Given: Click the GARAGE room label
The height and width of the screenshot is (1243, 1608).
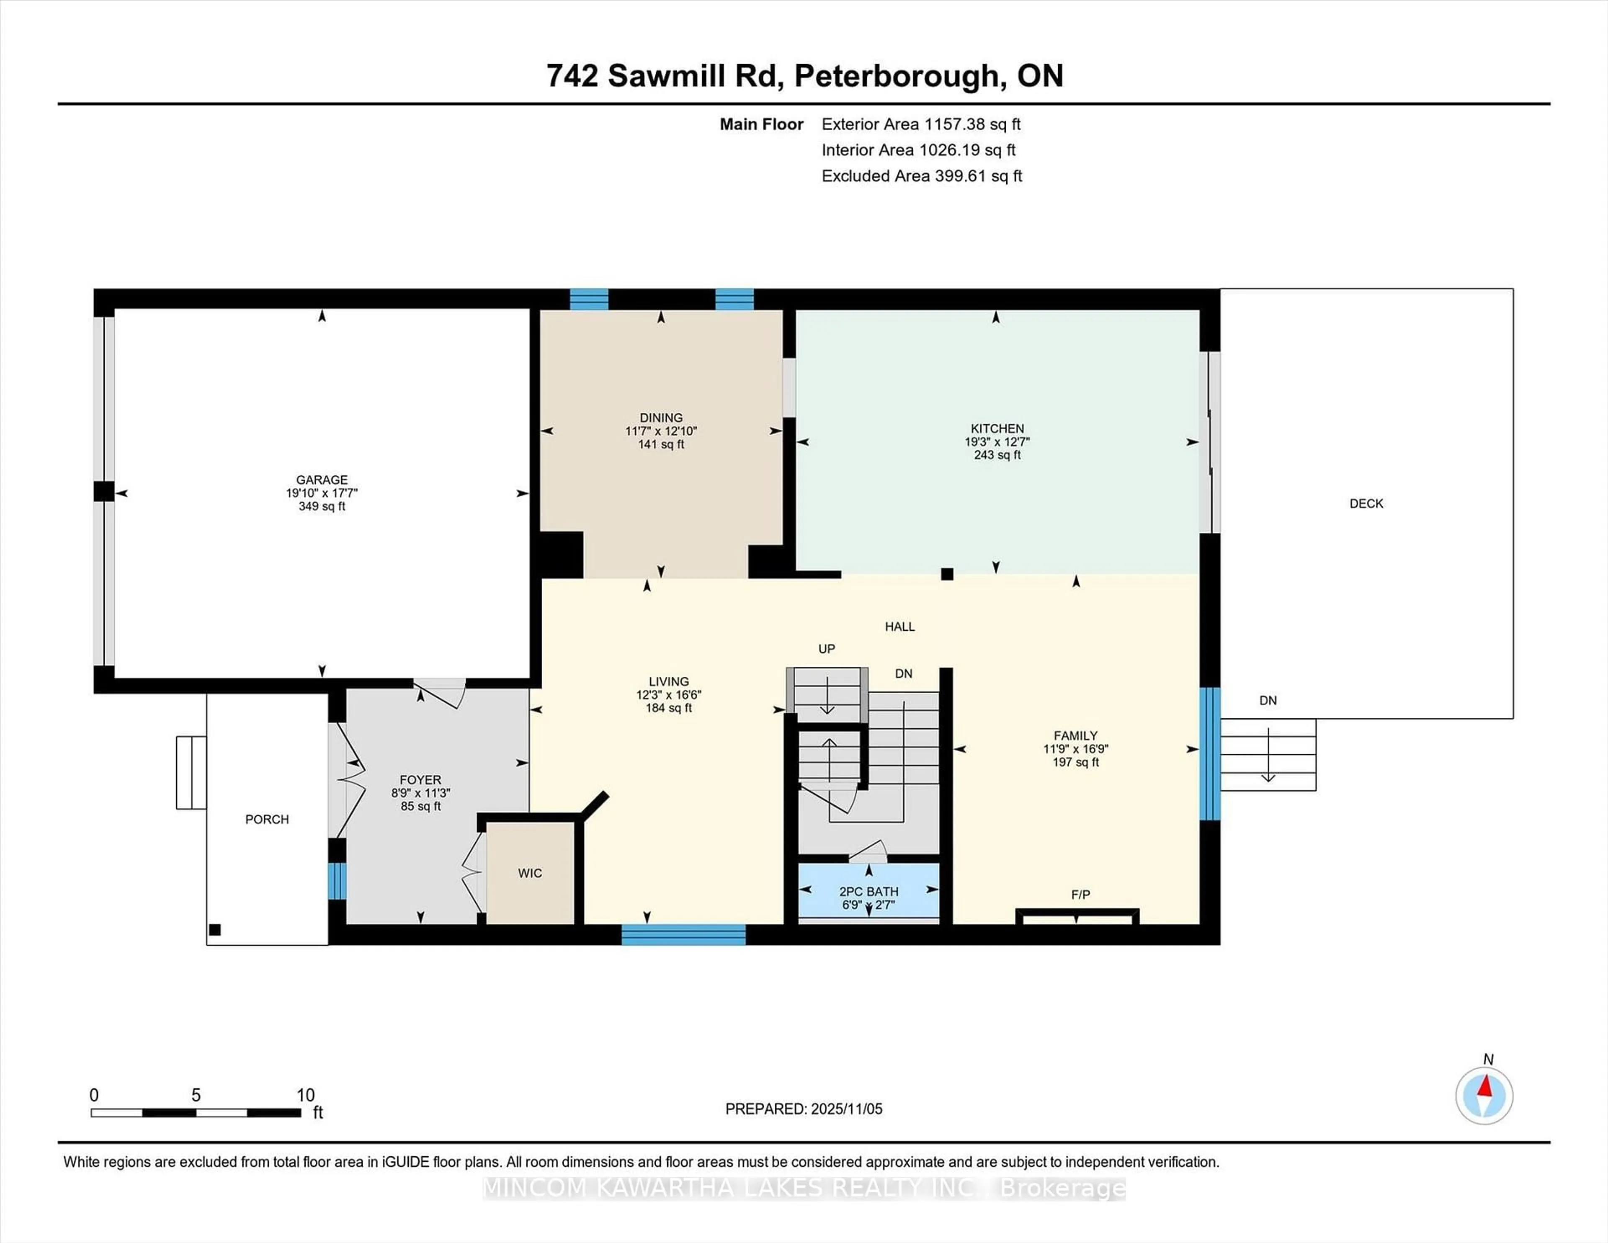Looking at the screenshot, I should click(x=322, y=480).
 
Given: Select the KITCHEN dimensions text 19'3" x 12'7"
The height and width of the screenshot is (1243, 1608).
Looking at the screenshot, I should click(x=997, y=442).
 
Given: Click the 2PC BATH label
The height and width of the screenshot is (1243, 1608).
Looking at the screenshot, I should click(x=869, y=891).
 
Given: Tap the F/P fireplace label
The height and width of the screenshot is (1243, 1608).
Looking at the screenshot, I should click(x=1080, y=895).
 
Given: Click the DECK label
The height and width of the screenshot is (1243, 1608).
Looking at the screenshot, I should click(x=1366, y=504).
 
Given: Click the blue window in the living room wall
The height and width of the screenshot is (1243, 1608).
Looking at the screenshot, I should click(x=683, y=935).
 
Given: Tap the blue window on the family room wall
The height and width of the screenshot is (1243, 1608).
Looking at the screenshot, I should click(x=1210, y=753).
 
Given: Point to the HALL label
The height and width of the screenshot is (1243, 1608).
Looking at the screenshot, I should click(x=900, y=627).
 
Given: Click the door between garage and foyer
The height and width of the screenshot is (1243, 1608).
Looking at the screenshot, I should click(x=440, y=691).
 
